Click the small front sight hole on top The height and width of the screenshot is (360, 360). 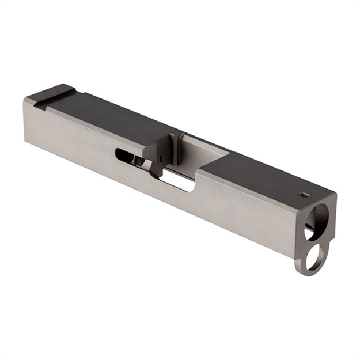tap(304, 195)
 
